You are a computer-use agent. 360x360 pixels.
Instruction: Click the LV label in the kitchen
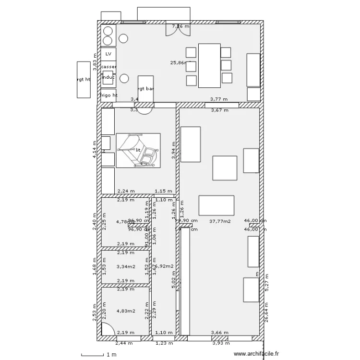pos(108,54)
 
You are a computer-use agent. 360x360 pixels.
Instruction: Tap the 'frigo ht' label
pos(108,95)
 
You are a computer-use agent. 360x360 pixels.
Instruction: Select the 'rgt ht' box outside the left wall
pos(84,80)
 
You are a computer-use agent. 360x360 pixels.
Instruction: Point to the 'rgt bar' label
pos(145,89)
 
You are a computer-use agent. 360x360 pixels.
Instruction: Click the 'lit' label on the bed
pos(138,150)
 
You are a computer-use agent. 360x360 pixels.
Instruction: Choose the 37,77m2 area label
pos(220,221)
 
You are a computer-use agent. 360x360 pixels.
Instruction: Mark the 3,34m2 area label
pos(126,266)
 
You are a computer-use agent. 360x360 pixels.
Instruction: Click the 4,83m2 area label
pos(126,311)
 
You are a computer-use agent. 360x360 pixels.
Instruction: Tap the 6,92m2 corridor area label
pos(164,266)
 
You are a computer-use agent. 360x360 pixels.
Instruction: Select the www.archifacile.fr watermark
pos(256,354)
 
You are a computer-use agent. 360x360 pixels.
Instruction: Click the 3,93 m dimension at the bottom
pos(220,343)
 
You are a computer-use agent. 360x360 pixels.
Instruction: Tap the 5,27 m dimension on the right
pos(268,285)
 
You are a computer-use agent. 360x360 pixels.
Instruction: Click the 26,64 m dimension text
pos(268,316)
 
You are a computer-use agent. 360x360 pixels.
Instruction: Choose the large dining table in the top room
pos(209,65)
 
